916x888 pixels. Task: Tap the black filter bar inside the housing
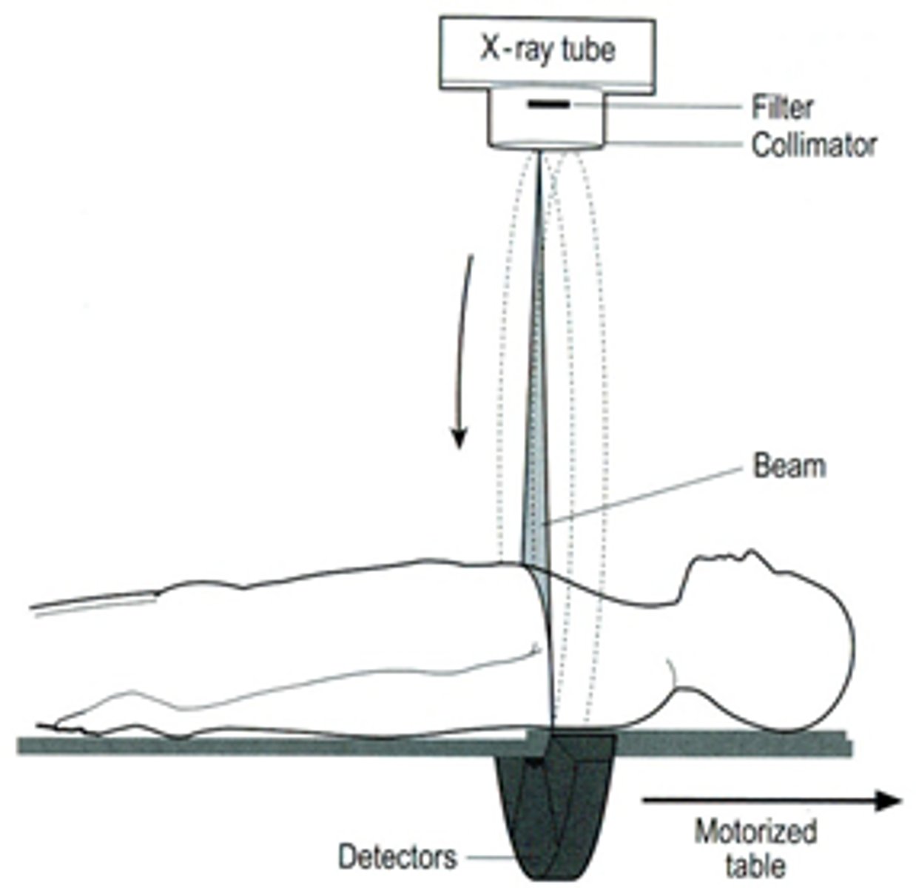tap(548, 105)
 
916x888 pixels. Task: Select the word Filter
tap(782, 108)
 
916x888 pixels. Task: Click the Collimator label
tap(814, 145)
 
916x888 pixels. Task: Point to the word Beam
tap(789, 466)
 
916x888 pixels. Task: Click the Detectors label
tap(397, 857)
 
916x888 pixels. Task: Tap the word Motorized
tap(755, 832)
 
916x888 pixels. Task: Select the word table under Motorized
tap(755, 864)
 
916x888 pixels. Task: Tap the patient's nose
tap(751, 554)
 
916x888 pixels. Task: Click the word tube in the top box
tap(587, 50)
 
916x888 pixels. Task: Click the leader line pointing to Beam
tap(644, 496)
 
